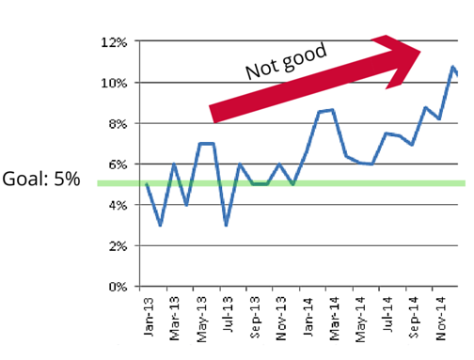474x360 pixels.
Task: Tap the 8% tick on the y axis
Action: [117, 124]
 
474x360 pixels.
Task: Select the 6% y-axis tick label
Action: [117, 164]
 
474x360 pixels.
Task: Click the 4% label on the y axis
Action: [117, 205]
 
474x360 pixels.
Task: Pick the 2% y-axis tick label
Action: [117, 246]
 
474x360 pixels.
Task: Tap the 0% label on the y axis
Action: [117, 287]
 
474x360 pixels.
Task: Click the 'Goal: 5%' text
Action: [42, 180]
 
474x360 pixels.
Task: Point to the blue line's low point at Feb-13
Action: [161, 226]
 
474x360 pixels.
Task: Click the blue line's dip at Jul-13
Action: [227, 226]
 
